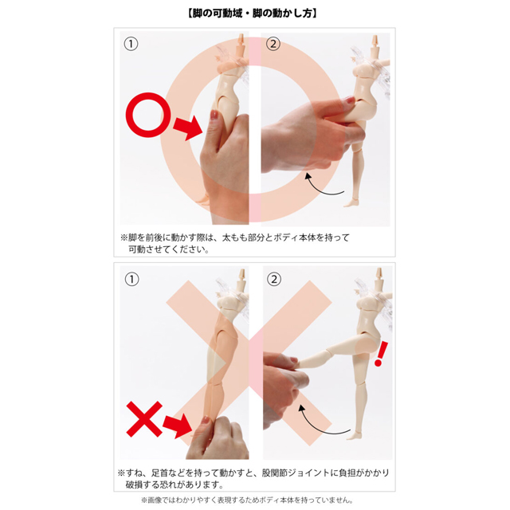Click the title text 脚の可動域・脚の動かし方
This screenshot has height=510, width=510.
click(x=254, y=14)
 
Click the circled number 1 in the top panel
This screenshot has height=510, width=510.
click(x=130, y=45)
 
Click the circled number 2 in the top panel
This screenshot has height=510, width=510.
click(x=273, y=45)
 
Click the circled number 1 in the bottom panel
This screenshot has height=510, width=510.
click(x=130, y=279)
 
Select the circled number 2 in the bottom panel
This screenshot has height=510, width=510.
click(x=273, y=279)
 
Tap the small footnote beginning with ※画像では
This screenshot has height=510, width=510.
click(x=255, y=500)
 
